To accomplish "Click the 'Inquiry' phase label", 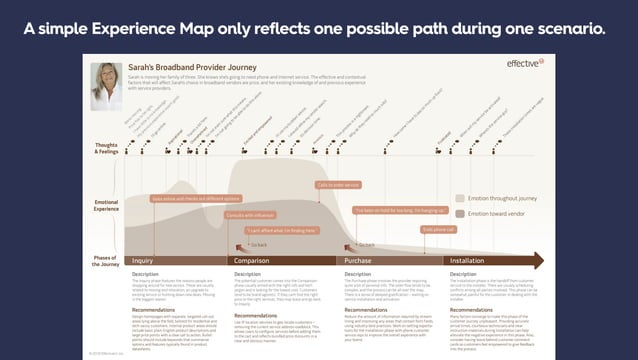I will [x=142, y=260].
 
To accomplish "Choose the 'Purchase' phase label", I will [x=359, y=260].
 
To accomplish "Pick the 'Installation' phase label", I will [x=468, y=260].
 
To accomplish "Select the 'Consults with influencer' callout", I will [x=250, y=215].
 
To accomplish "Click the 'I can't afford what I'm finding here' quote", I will [x=277, y=231].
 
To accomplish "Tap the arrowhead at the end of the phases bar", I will [x=539, y=260].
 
